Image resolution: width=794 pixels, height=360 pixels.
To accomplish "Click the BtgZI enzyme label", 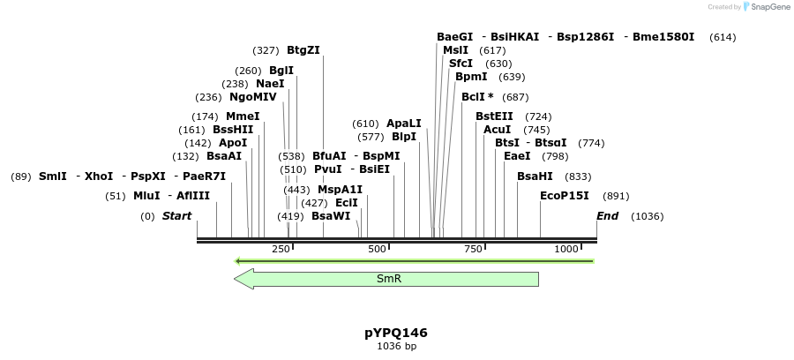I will pyautogui.click(x=303, y=50).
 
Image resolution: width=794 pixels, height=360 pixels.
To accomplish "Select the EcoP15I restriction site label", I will pyautogui.click(x=564, y=196).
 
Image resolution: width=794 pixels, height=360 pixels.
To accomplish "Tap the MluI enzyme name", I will pyautogui.click(x=146, y=196).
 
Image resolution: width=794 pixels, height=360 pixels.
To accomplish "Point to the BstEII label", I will pyautogui.click(x=494, y=116).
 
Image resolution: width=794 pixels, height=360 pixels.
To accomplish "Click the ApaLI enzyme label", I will pyautogui.click(x=404, y=124).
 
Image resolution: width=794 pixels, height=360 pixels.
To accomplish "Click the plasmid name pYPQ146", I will pyautogui.click(x=396, y=333).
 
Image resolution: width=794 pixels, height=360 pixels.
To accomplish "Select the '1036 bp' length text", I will pyautogui.click(x=396, y=347).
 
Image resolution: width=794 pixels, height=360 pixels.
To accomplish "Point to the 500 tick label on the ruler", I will pyautogui.click(x=377, y=250).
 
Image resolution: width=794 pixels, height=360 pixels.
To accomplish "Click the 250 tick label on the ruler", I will pyautogui.click(x=281, y=250).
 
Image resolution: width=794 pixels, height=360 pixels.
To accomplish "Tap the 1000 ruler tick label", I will pyautogui.click(x=567, y=250).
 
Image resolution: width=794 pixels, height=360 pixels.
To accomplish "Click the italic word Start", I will pyautogui.click(x=176, y=216).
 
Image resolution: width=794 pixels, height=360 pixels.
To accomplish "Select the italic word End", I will pyautogui.click(x=608, y=216).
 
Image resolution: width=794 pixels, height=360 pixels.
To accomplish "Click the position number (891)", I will pyautogui.click(x=616, y=196).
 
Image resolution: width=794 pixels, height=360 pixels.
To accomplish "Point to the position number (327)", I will pyautogui.click(x=266, y=50).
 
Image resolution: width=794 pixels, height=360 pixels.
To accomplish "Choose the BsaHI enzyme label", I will pyautogui.click(x=535, y=176).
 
